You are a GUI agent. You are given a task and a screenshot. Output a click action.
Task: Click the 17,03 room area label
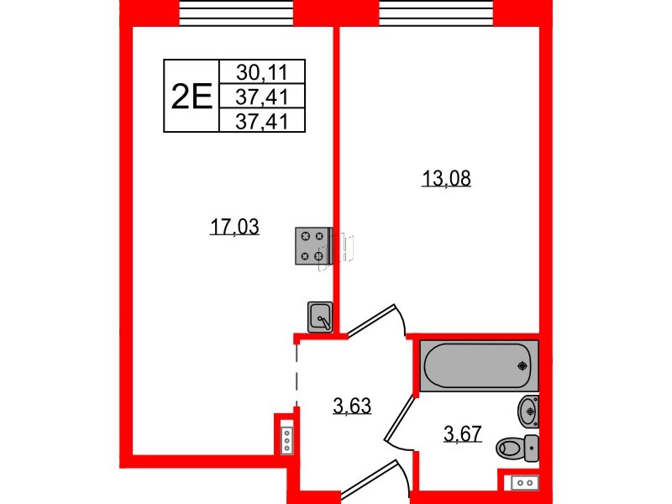234,226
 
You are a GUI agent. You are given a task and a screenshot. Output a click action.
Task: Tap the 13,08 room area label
446,178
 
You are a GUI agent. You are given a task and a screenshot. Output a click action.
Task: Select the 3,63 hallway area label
352,405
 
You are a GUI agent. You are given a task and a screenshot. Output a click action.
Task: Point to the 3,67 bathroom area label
463,433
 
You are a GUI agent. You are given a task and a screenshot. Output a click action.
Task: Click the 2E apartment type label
192,97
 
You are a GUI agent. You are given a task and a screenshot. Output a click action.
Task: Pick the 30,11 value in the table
262,72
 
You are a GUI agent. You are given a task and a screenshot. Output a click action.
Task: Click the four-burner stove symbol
313,246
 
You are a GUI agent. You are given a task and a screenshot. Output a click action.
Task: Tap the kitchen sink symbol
320,318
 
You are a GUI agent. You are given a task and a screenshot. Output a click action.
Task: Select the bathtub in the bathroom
479,365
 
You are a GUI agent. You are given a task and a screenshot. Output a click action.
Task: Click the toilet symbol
517,449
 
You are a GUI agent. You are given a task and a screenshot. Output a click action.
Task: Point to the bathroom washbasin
528,412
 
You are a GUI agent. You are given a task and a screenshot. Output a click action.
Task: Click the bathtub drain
522,365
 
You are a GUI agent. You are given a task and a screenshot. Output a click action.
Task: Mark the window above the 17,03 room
236,13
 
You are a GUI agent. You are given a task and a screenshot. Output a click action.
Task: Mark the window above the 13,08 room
437,13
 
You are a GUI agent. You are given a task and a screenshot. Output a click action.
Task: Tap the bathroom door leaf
400,418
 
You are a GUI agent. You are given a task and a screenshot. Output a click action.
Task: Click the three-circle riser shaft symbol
286,440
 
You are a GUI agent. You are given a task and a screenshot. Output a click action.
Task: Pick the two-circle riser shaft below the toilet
524,482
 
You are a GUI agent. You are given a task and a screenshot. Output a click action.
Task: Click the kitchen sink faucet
323,322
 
